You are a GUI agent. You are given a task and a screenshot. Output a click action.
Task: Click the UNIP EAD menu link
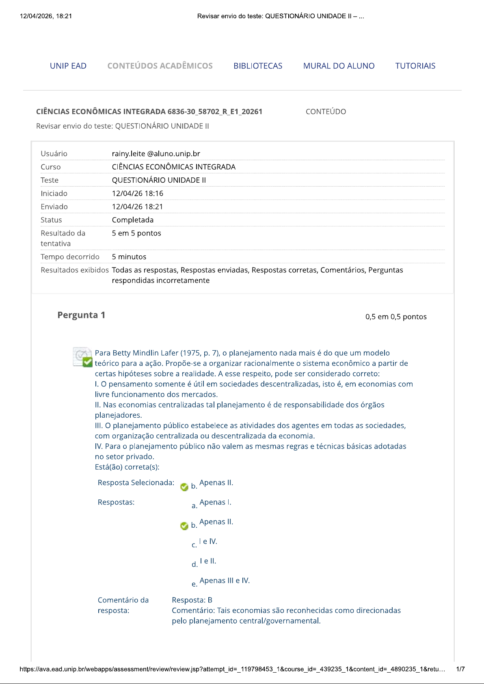pos(68,66)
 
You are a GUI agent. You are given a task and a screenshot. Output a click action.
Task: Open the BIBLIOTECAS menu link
pos(258,66)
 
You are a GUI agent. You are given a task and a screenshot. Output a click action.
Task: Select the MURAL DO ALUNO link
pos(339,66)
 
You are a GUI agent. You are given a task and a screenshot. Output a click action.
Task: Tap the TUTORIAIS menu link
pos(415,66)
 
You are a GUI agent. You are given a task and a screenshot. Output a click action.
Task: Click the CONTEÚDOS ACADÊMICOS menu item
pos(160,66)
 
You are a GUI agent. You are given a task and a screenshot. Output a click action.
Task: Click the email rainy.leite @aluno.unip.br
pos(156,153)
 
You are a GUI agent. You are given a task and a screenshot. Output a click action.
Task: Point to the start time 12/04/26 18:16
pos(137,193)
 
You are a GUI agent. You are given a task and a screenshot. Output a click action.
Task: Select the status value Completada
pos(133,220)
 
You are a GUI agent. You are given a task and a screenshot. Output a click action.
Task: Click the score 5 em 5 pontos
pos(136,233)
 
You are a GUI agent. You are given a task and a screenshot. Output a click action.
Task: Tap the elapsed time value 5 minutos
pos(129,257)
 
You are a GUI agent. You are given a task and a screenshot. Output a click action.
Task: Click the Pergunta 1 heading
pos(81,315)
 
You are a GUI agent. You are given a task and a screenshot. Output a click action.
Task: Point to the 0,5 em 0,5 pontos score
pos(396,317)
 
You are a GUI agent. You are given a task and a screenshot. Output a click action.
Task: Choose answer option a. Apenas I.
pos(215,503)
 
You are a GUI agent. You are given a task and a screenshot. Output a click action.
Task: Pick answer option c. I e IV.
pos(207,542)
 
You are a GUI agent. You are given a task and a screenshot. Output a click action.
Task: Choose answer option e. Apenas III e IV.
pos(224,581)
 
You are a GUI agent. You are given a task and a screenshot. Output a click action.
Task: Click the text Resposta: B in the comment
pos(192,600)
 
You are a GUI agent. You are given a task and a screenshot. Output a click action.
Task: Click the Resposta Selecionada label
pos(136,483)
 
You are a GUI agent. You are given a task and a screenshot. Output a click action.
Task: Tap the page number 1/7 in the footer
pos(460,669)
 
